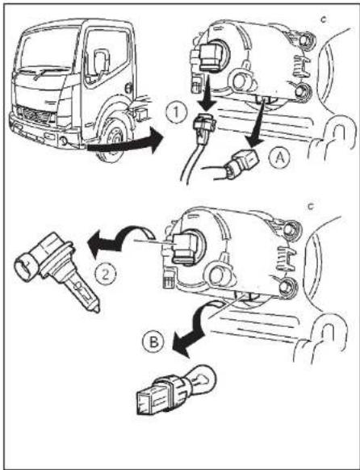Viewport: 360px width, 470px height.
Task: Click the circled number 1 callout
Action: tap(177, 113)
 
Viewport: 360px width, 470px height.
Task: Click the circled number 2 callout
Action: tap(106, 275)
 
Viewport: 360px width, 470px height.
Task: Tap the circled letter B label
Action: tap(153, 342)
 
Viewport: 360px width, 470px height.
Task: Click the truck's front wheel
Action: tap(113, 141)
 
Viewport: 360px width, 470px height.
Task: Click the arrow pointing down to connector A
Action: tap(257, 125)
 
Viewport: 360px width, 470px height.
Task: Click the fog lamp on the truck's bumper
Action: tap(64, 140)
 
